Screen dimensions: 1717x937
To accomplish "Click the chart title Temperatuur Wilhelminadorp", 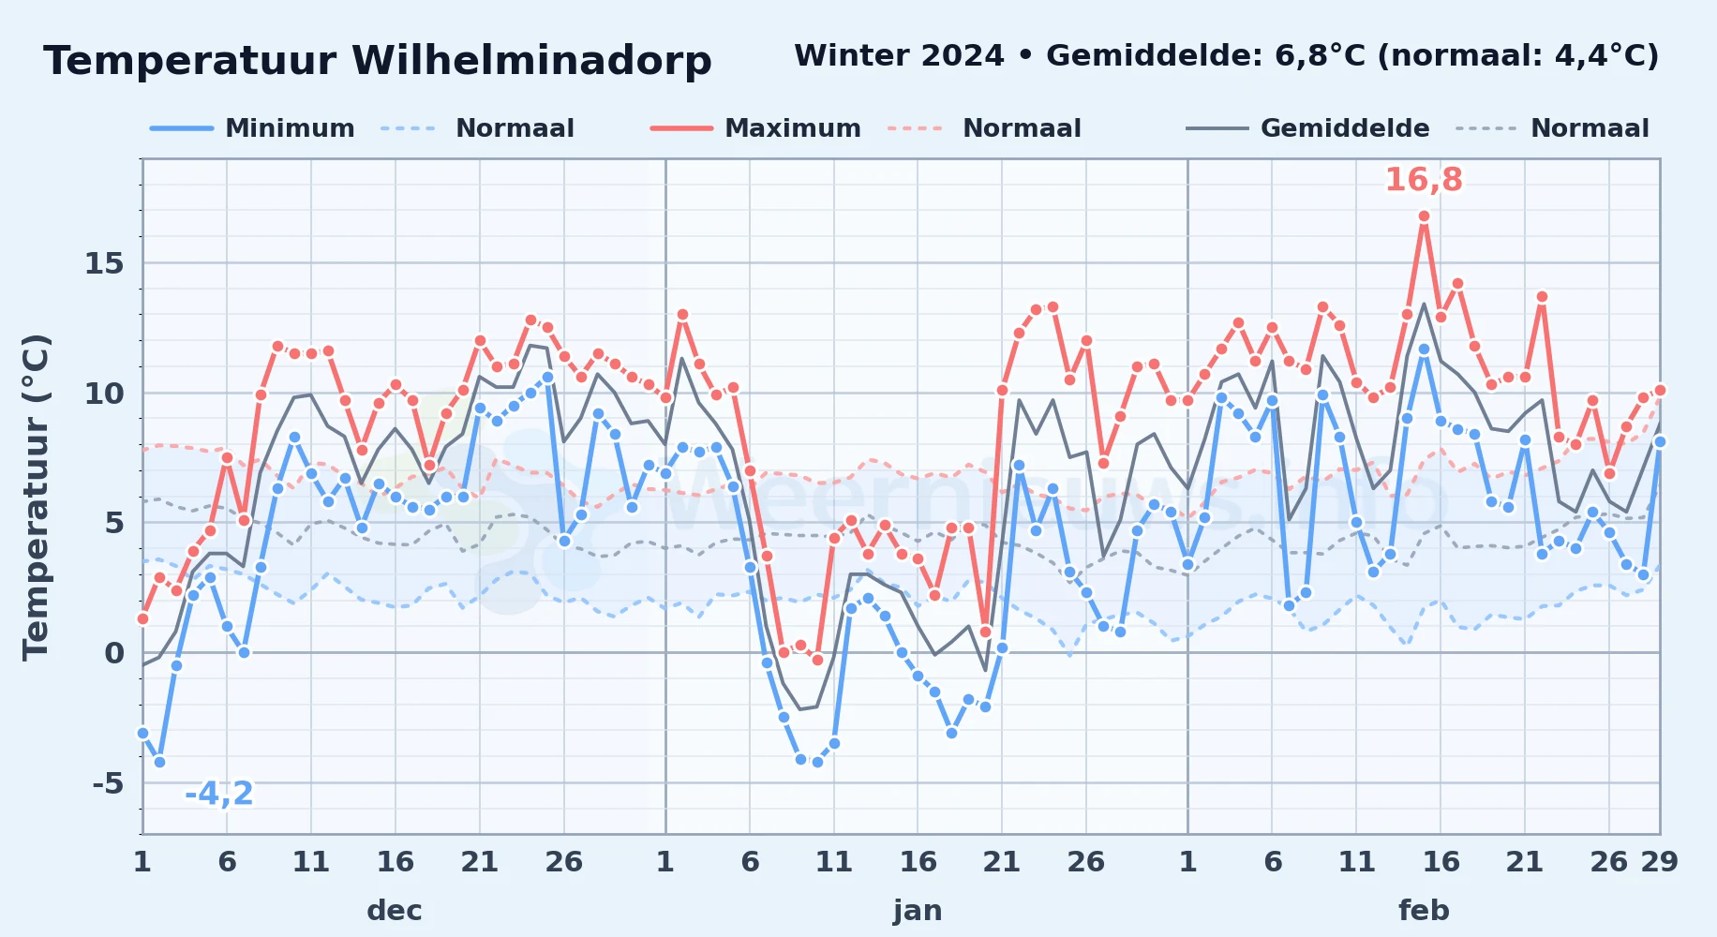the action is (x=378, y=61).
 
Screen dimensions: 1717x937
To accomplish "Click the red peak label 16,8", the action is (x=1424, y=179).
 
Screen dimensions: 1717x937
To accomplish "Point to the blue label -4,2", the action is (x=219, y=794).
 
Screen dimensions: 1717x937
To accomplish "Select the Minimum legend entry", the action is (x=252, y=128).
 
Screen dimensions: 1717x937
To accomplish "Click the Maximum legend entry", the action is (x=755, y=128).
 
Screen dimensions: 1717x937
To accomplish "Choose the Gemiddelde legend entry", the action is (x=1307, y=128).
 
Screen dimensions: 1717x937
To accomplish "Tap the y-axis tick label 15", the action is (x=104, y=263).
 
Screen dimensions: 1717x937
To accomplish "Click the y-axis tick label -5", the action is (x=109, y=782).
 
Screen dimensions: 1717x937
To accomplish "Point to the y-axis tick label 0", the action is (x=114, y=652).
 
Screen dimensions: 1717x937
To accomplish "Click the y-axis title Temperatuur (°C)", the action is (x=37, y=497).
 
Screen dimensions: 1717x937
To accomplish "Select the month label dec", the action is (x=395, y=910).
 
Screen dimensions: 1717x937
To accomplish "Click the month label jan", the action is (x=918, y=910).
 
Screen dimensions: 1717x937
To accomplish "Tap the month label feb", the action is (x=1424, y=910).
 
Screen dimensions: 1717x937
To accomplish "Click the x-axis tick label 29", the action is (x=1659, y=861).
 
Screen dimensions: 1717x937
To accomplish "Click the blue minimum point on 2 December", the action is (x=159, y=762).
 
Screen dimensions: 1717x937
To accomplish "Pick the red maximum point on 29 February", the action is (x=1660, y=390).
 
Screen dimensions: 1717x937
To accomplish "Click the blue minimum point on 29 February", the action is (x=1660, y=441).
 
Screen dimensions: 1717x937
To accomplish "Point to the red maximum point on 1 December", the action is (x=142, y=618).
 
